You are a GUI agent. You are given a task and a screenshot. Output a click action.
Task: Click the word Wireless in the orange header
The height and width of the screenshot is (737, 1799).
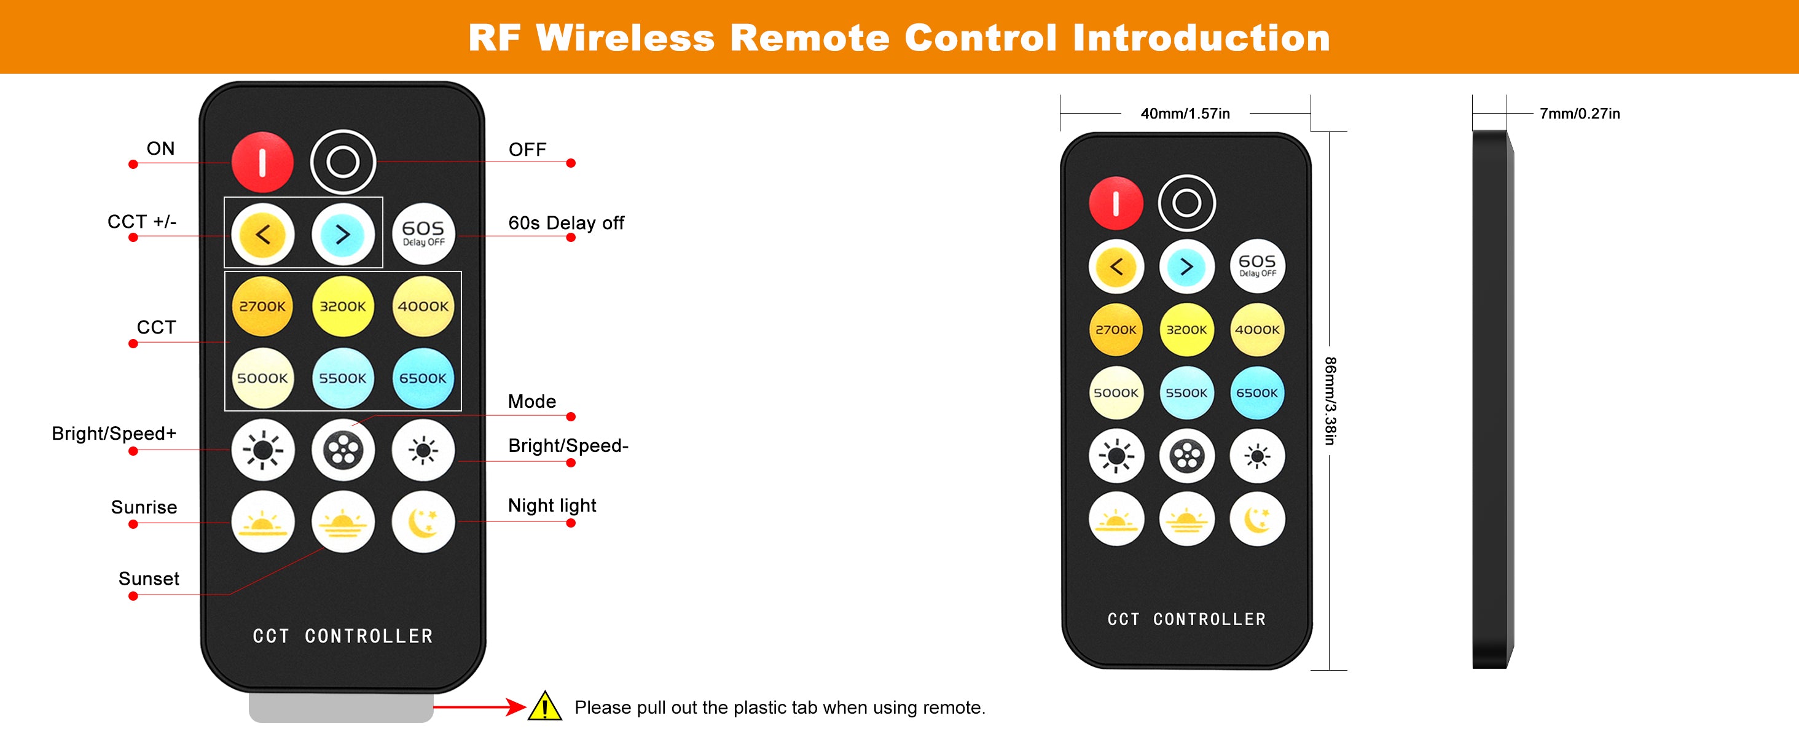click(625, 37)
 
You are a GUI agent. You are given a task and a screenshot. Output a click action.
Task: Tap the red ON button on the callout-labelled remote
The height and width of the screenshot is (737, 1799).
click(262, 162)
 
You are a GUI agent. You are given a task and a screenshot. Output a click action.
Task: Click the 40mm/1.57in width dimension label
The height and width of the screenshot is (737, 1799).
click(1185, 113)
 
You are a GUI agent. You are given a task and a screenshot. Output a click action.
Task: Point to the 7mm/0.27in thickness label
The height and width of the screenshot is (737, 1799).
click(1580, 113)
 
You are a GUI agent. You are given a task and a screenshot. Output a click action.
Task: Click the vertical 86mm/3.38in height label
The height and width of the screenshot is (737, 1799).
click(1330, 400)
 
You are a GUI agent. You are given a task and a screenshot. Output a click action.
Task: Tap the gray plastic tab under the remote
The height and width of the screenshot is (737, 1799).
click(341, 708)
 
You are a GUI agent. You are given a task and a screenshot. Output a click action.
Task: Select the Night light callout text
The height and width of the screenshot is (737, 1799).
click(552, 505)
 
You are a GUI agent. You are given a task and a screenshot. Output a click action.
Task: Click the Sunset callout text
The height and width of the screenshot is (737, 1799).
click(149, 579)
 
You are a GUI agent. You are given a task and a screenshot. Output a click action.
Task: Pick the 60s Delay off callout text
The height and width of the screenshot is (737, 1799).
click(566, 222)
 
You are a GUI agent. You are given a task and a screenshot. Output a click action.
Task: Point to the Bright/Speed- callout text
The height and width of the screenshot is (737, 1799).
click(568, 446)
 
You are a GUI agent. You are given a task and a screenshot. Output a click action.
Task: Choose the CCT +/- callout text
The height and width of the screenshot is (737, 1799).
click(142, 221)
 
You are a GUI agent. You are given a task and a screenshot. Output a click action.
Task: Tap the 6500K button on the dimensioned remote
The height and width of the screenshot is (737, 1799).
click(1256, 393)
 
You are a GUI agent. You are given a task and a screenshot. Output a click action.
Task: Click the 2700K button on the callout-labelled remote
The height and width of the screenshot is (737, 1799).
click(262, 306)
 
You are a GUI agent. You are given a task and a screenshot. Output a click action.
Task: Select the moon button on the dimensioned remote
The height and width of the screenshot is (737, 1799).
click(1256, 519)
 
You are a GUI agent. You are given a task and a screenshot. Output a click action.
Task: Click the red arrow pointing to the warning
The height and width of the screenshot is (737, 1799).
click(480, 706)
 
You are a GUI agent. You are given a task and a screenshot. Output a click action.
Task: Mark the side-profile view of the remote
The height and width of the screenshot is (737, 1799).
click(1492, 399)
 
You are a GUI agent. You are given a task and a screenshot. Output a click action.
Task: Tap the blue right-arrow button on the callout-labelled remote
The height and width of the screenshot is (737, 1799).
click(343, 235)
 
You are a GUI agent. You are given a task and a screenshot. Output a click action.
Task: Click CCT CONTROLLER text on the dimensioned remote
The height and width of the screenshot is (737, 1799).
click(1186, 619)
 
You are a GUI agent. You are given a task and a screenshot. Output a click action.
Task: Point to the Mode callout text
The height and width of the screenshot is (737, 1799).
click(531, 401)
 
